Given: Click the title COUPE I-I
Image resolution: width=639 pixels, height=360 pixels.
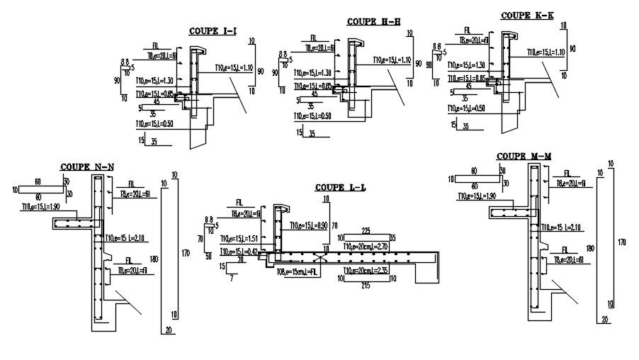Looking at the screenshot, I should (212, 31).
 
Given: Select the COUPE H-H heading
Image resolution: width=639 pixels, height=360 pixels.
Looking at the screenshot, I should (373, 21).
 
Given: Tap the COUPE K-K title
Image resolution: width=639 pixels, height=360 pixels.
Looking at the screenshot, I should (526, 15).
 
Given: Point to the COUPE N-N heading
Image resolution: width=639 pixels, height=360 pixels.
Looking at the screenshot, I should (87, 167).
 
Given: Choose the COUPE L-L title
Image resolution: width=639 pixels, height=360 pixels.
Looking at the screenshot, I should (341, 188).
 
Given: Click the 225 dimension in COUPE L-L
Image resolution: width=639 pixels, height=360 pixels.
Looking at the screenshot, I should (366, 230).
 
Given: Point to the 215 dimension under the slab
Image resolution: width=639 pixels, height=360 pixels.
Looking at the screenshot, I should (366, 285).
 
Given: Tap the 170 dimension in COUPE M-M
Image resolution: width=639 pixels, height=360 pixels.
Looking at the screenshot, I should (621, 243).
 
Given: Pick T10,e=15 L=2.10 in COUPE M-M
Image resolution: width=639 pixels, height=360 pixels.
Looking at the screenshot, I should (564, 227).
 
